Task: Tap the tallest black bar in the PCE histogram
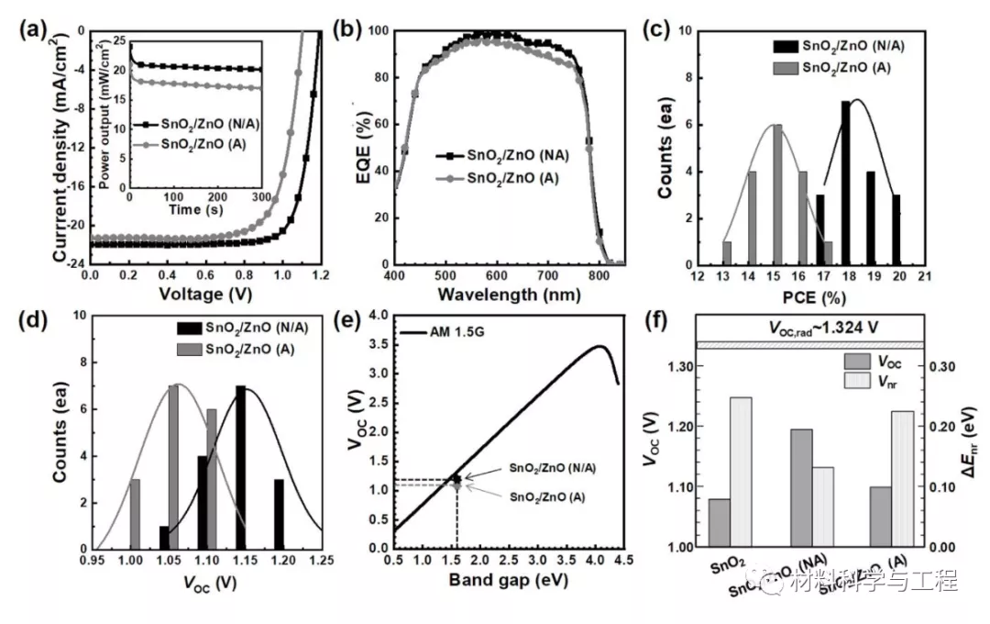[846, 183]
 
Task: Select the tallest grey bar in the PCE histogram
[777, 195]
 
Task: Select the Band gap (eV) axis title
[508, 581]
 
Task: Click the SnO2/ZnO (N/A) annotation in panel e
[546, 468]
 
